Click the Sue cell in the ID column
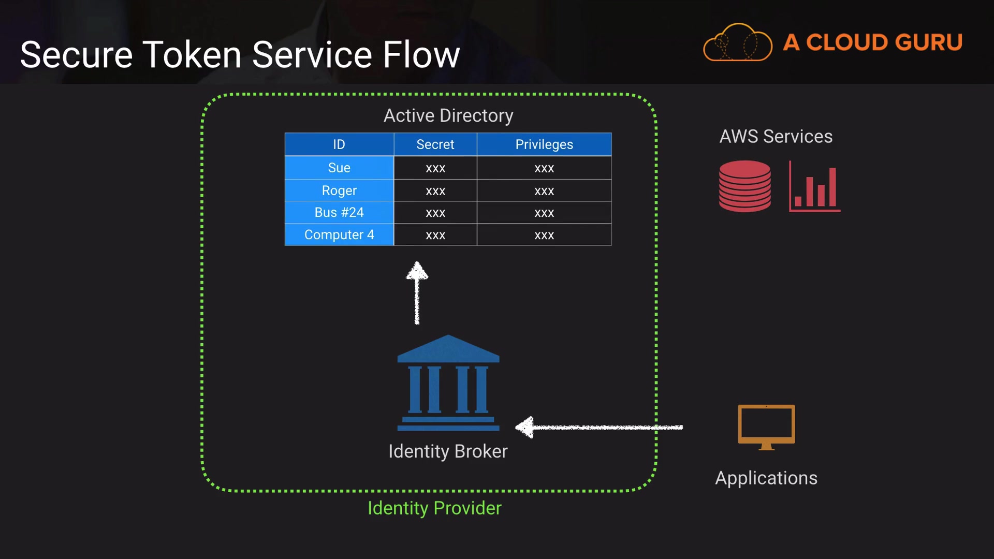click(x=339, y=168)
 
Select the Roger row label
click(x=339, y=190)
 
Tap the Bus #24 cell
click(x=339, y=212)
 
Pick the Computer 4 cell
click(x=339, y=234)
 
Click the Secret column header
click(x=435, y=144)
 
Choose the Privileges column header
click(x=544, y=144)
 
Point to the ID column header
click(x=339, y=144)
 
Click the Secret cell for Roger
click(x=435, y=190)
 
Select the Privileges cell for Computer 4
click(x=544, y=235)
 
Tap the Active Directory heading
click(x=448, y=115)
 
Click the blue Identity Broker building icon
click(x=448, y=383)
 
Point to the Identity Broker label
click(x=448, y=451)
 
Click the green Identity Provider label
click(x=434, y=508)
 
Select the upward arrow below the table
click(x=417, y=292)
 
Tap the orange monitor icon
click(x=766, y=426)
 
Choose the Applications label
click(x=766, y=478)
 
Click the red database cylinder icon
click(x=744, y=186)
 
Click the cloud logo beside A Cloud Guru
click(x=738, y=42)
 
